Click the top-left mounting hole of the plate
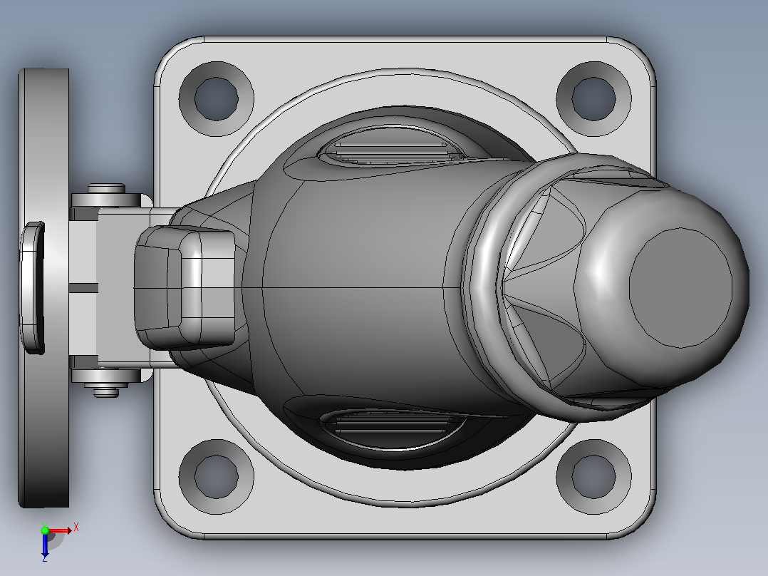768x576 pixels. pyautogui.click(x=217, y=98)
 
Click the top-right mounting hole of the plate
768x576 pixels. pyautogui.click(x=593, y=98)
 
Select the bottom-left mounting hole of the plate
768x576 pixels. pyautogui.click(x=217, y=476)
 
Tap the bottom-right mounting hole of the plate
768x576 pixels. pyautogui.click(x=593, y=476)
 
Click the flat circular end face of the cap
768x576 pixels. pyautogui.click(x=680, y=288)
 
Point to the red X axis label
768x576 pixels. pyautogui.click(x=76, y=528)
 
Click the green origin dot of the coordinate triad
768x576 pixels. pyautogui.click(x=45, y=530)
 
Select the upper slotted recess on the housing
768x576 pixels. pyautogui.click(x=390, y=146)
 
